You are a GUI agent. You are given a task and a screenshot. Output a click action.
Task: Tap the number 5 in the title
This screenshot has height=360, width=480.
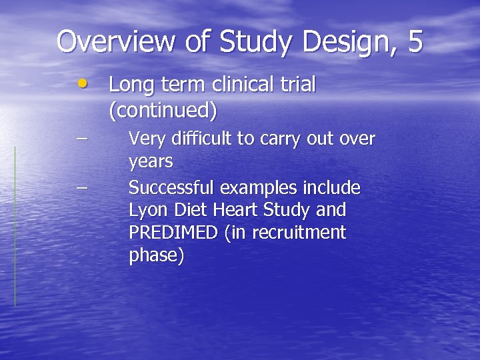[414, 41]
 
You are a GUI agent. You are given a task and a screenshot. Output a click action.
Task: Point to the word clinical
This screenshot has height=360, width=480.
[242, 85]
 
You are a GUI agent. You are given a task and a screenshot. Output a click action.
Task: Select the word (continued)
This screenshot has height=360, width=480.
[163, 110]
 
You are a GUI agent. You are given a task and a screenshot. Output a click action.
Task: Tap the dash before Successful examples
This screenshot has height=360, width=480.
[81, 187]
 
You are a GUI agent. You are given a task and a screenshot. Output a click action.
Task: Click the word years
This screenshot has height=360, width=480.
[151, 162]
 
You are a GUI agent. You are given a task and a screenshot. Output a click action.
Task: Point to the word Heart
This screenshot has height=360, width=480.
[235, 211]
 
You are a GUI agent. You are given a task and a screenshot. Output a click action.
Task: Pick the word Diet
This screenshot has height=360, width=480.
[191, 211]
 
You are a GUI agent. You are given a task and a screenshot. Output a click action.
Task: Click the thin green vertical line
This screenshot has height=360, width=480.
[15, 227]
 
